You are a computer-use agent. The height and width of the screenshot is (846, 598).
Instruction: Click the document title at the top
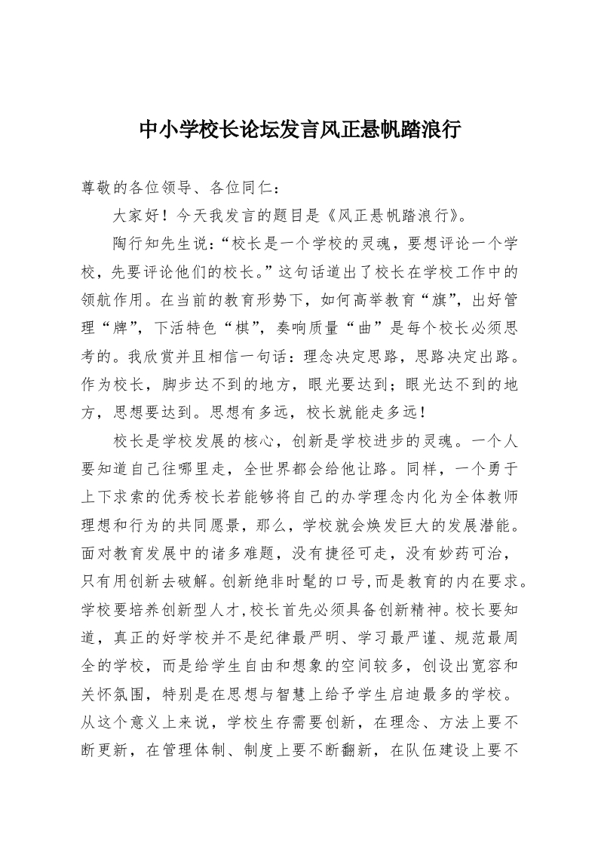[x=299, y=130]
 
